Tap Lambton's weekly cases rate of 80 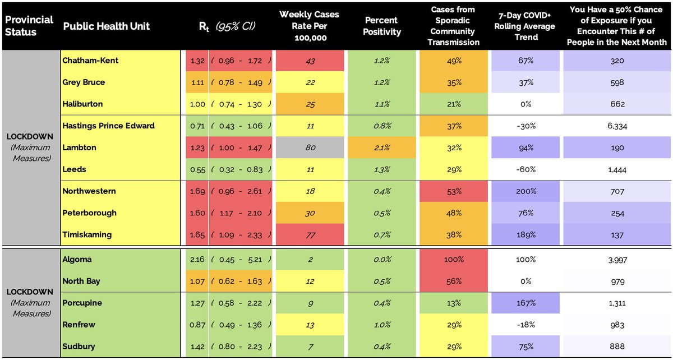(311, 147)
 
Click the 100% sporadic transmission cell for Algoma (455, 260)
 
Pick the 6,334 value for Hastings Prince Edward (617, 126)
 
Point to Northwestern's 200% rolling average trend (526, 191)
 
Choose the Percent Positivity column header (382, 26)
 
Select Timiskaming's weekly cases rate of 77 (311, 235)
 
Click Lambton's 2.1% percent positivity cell (382, 147)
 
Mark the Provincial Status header (29, 26)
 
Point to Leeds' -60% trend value (526, 169)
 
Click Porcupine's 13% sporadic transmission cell (455, 303)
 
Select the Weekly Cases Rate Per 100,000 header (311, 26)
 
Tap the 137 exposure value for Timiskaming (617, 235)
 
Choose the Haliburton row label (82, 104)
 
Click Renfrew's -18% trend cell (526, 325)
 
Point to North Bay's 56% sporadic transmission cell (455, 281)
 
